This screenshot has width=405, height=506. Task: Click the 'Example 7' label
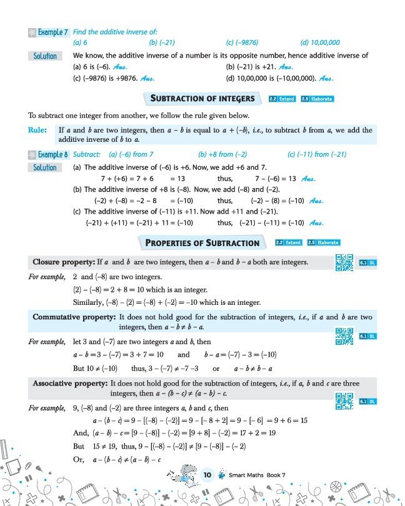[51, 31]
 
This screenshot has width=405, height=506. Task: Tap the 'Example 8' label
[51, 153]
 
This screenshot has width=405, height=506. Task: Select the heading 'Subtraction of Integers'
[203, 98]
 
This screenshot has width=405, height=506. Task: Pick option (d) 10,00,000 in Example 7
[319, 42]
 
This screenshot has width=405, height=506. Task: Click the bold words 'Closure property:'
[62, 262]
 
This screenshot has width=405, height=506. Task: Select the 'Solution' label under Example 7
[45, 56]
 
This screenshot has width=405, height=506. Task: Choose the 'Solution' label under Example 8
[45, 167]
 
